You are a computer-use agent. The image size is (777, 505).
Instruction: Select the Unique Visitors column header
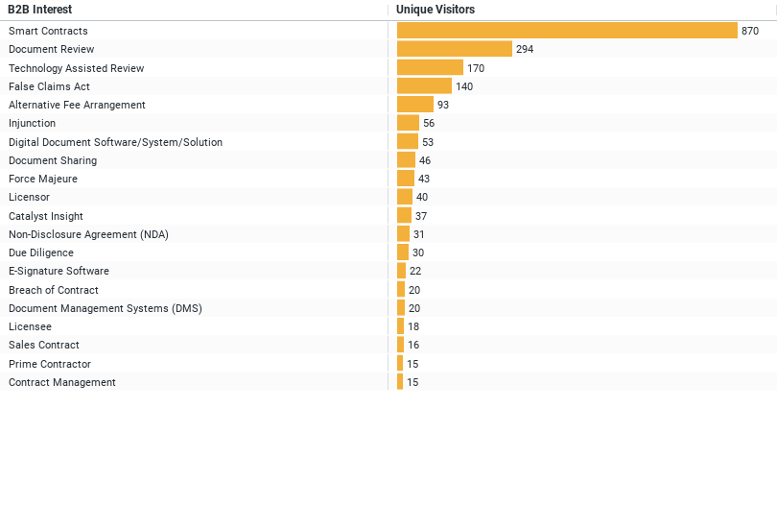pyautogui.click(x=435, y=10)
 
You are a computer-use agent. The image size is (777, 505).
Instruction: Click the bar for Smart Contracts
pyautogui.click(x=567, y=31)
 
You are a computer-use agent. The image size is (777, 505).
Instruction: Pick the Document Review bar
pyautogui.click(x=455, y=49)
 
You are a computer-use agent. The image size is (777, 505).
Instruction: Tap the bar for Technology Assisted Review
pyautogui.click(x=430, y=68)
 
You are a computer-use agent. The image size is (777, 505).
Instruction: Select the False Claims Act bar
pyautogui.click(x=424, y=86)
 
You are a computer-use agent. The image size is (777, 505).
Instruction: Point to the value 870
pyautogui.click(x=750, y=31)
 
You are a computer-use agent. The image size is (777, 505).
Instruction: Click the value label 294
pyautogui.click(x=525, y=49)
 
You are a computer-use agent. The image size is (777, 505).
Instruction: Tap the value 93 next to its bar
pyautogui.click(x=443, y=105)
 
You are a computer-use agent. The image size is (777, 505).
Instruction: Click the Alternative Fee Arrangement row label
pyautogui.click(x=77, y=105)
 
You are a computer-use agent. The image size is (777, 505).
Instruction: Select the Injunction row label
pyautogui.click(x=32, y=123)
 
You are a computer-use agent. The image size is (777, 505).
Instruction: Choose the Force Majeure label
pyautogui.click(x=43, y=179)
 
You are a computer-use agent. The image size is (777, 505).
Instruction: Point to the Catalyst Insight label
pyautogui.click(x=46, y=216)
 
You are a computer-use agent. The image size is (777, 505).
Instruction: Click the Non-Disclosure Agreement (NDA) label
pyautogui.click(x=88, y=234)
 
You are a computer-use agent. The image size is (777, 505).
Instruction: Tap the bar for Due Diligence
pyautogui.click(x=403, y=252)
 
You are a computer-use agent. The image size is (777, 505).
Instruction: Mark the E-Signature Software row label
pyautogui.click(x=59, y=271)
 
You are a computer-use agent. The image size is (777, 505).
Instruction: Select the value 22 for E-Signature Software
pyautogui.click(x=415, y=271)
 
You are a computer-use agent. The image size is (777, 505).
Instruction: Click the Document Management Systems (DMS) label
pyautogui.click(x=106, y=308)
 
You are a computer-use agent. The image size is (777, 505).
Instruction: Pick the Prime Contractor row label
pyautogui.click(x=50, y=364)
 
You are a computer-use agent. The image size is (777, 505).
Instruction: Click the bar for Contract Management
pyautogui.click(x=400, y=382)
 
